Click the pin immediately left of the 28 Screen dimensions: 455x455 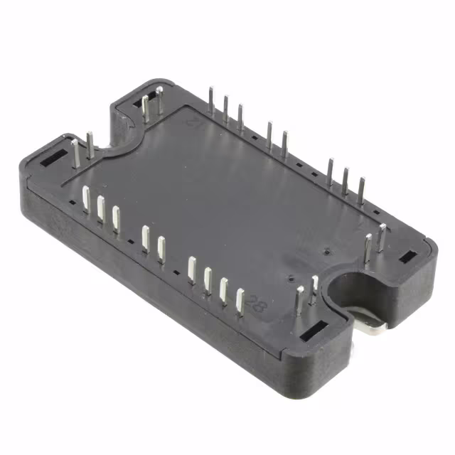[x=240, y=301]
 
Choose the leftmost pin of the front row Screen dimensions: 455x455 [x=85, y=199]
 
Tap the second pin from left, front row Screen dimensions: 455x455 [x=101, y=209]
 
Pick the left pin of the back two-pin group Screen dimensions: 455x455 [x=269, y=134]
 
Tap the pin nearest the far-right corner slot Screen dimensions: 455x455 [x=382, y=237]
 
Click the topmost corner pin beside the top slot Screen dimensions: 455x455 [x=159, y=99]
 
